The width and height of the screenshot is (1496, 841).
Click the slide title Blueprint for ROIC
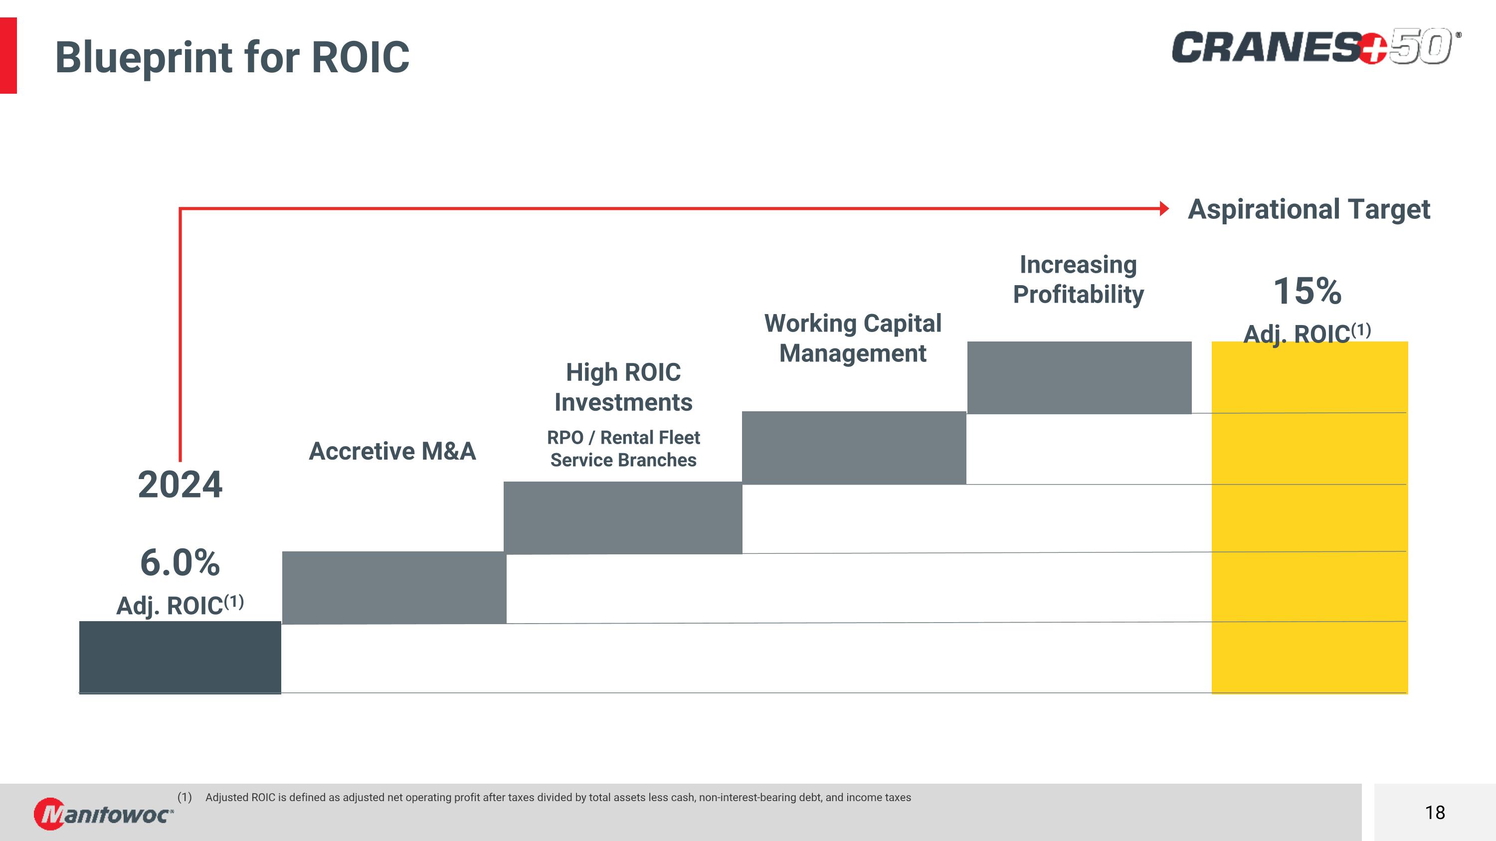click(232, 57)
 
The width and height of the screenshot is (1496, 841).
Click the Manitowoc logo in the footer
click(103, 813)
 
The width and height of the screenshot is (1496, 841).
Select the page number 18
click(1435, 812)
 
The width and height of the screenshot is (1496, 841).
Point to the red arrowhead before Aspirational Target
click(1163, 208)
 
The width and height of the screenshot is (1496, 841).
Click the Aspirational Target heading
click(1309, 209)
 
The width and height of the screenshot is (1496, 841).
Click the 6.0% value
click(180, 562)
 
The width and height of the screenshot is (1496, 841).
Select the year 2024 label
click(180, 485)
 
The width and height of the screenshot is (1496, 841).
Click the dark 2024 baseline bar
click(180, 657)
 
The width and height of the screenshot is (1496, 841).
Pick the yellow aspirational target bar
click(1309, 522)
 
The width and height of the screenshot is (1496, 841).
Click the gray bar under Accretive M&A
click(394, 587)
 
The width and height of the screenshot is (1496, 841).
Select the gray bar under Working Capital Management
click(854, 448)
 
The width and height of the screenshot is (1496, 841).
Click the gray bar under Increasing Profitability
click(1079, 377)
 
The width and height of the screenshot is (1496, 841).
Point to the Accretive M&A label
click(392, 451)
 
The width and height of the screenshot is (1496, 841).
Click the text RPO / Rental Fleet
click(623, 437)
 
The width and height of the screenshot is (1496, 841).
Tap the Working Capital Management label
click(853, 338)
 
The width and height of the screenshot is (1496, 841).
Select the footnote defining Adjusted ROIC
click(558, 798)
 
